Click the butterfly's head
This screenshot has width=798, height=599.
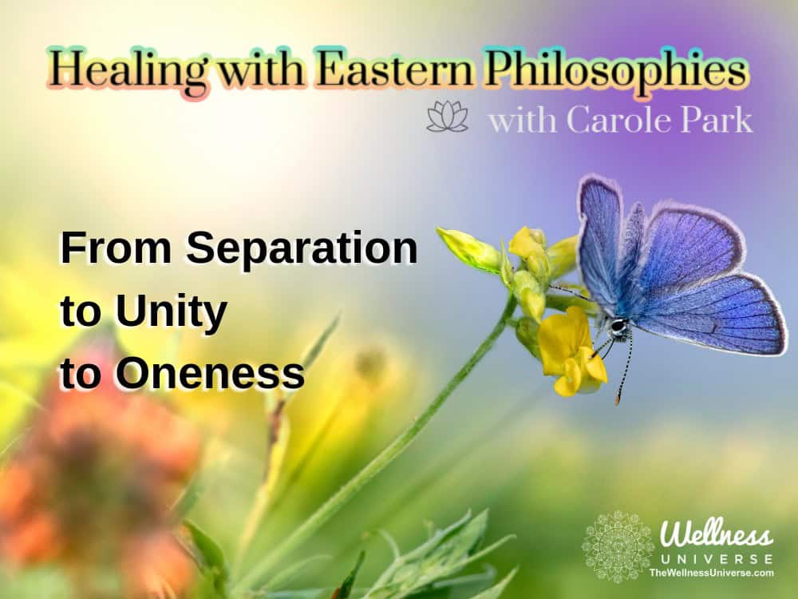coord(618,326)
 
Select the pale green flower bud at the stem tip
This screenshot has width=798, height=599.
coord(467,249)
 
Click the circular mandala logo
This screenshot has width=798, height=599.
coord(618,546)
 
